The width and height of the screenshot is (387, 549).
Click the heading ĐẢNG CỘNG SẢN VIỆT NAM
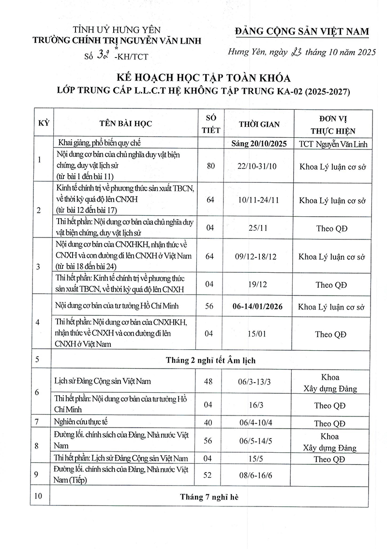click(301, 32)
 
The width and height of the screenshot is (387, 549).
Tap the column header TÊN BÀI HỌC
click(126, 123)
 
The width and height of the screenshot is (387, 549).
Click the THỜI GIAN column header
click(259, 124)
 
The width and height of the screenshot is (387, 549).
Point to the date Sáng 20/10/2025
click(259, 144)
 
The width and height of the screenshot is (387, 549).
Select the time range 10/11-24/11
click(259, 200)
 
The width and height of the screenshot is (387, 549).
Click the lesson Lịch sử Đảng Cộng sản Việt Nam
click(103, 381)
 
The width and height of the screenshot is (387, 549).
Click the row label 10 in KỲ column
click(39, 497)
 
